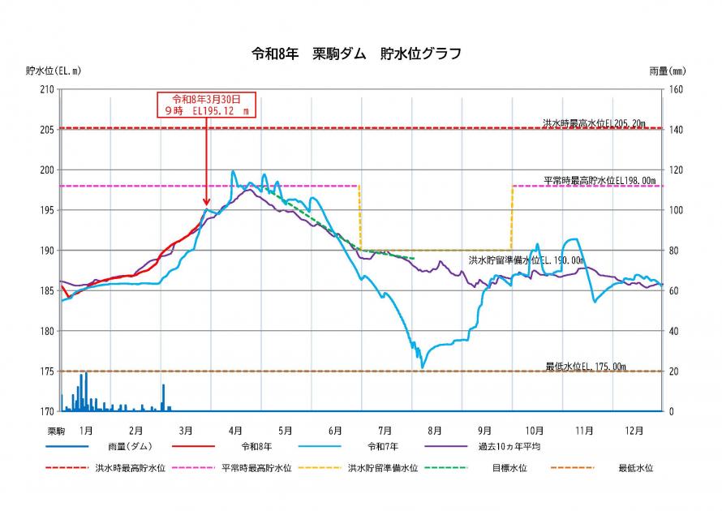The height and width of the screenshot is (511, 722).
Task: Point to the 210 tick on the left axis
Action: click(45, 89)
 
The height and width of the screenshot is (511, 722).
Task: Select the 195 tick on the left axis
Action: click(45, 210)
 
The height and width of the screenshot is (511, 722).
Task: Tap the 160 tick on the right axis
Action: click(676, 89)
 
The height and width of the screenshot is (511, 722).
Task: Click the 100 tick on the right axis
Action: click(676, 210)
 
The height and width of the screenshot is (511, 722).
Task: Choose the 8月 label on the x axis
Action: click(435, 430)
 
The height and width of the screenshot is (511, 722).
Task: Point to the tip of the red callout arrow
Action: click(207, 205)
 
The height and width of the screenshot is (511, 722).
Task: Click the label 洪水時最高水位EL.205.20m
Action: click(595, 122)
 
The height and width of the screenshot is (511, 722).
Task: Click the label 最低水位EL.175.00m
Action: click(586, 367)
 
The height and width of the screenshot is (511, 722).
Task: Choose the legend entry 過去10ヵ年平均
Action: click(509, 446)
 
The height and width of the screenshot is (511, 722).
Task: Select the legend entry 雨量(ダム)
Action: click(129, 446)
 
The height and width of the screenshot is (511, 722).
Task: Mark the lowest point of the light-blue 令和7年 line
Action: click(422, 367)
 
